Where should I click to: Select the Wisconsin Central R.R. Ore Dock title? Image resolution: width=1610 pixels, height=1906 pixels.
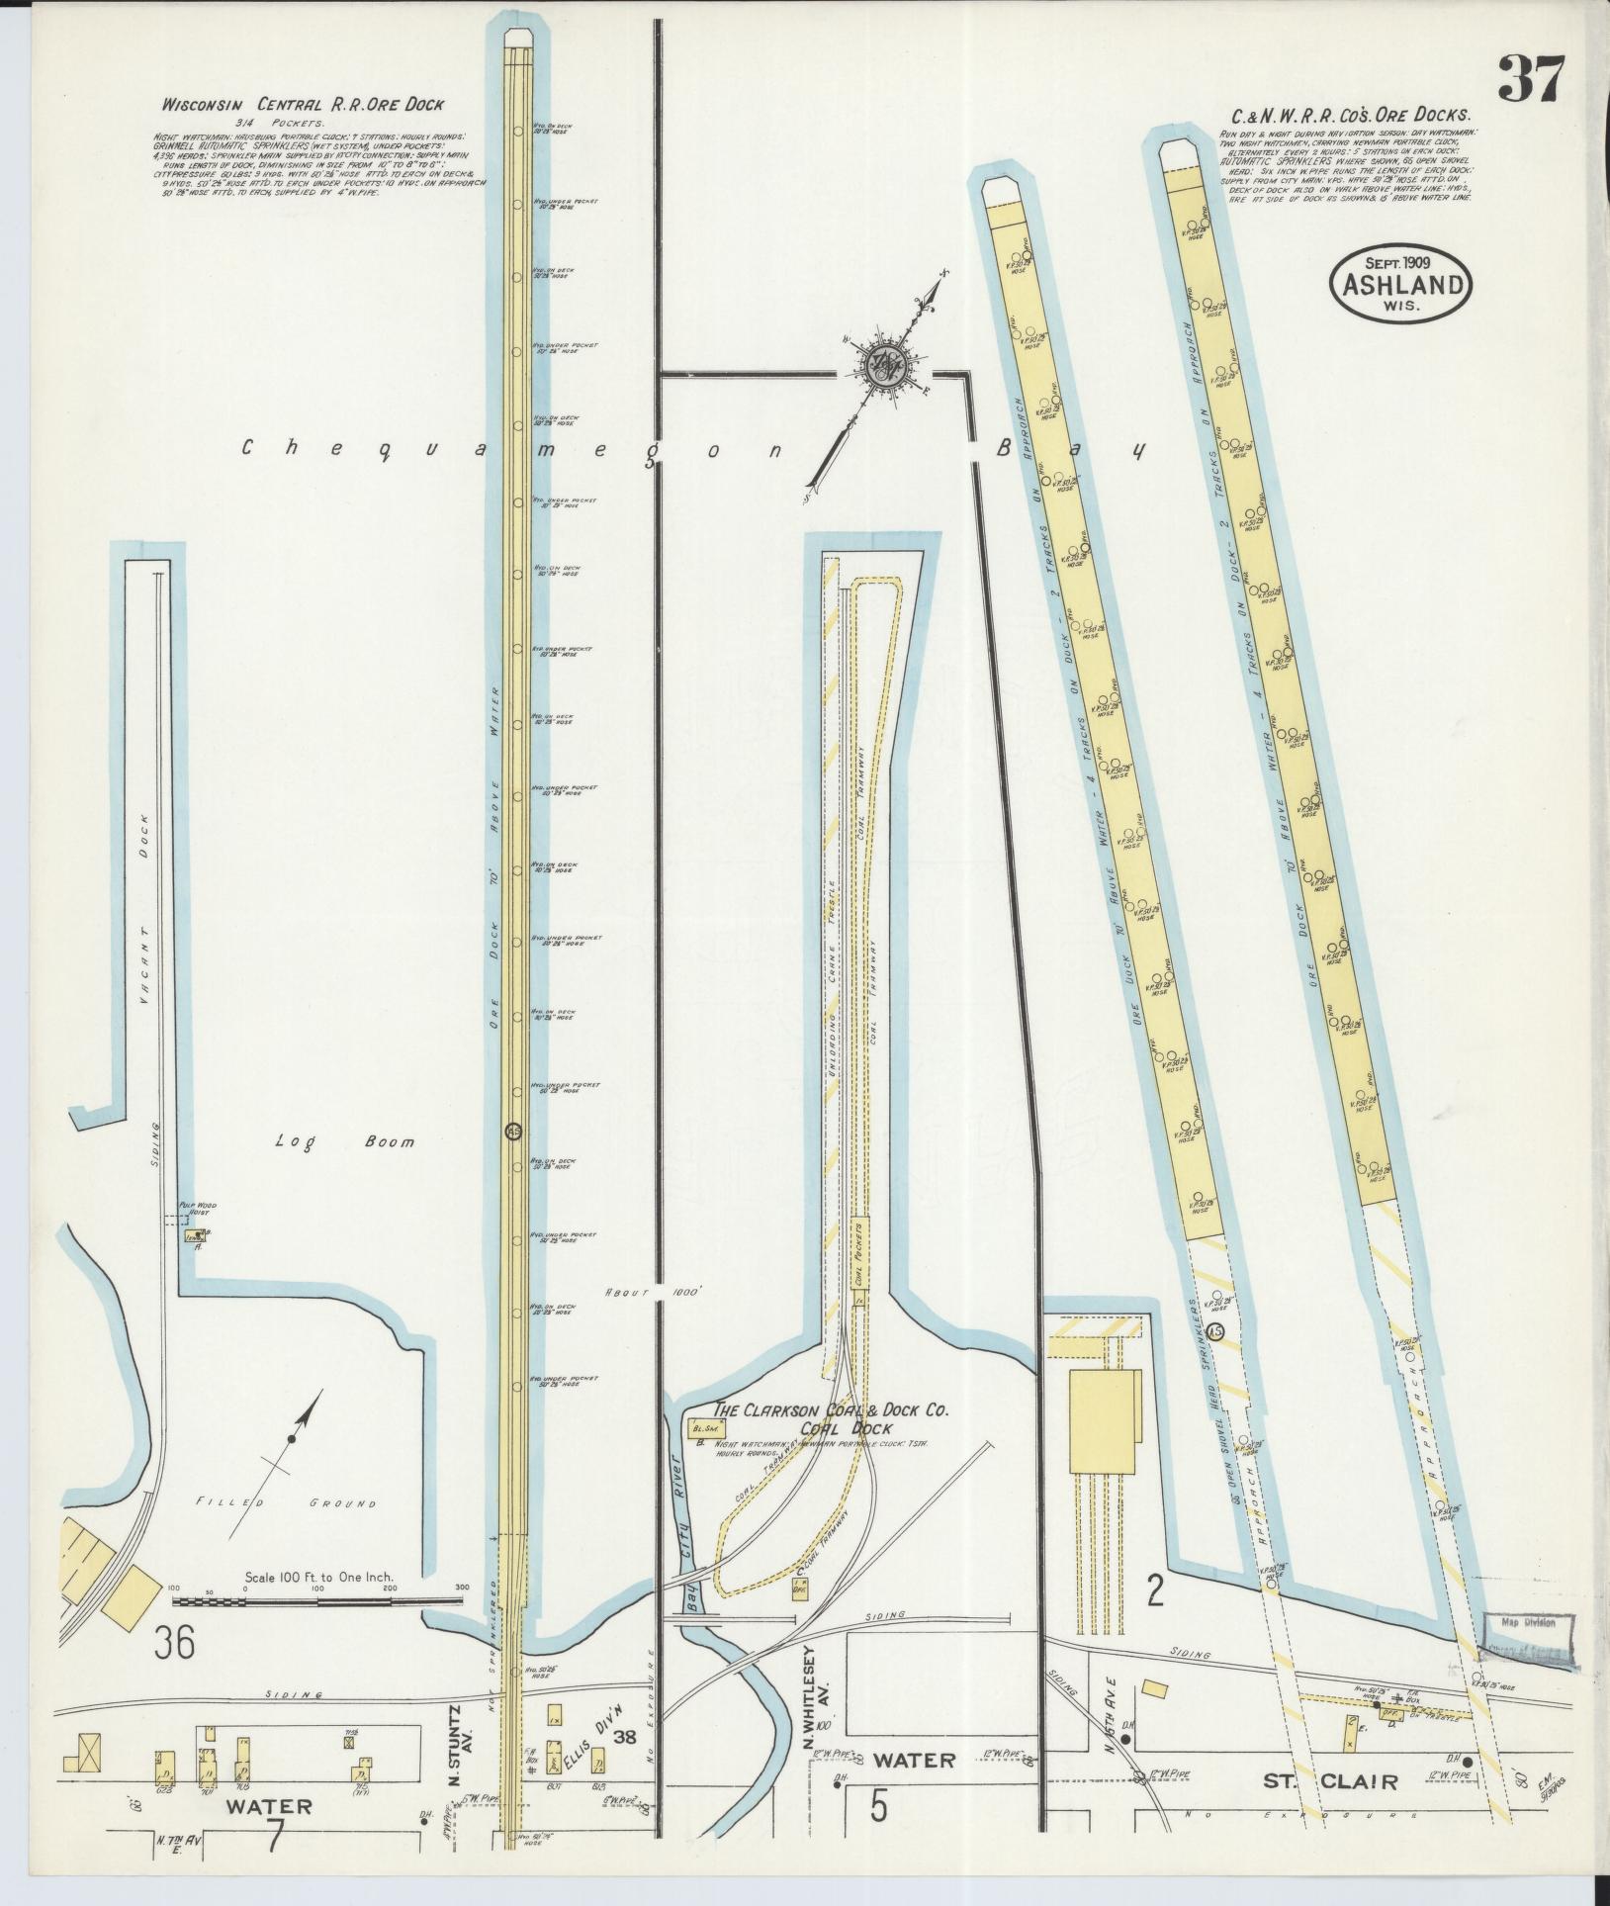[x=305, y=103]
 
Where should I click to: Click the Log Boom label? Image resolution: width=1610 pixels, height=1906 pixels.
[x=344, y=1141]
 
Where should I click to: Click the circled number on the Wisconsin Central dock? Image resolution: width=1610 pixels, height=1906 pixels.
[x=512, y=1132]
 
